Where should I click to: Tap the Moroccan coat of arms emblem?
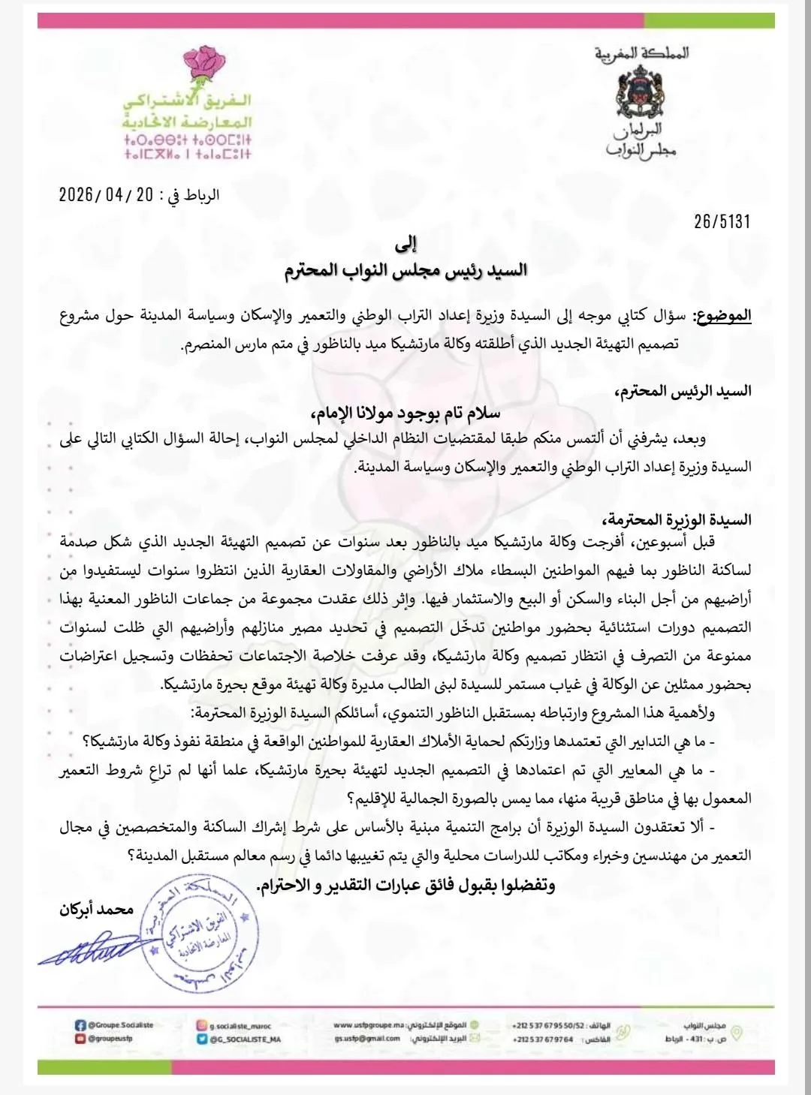641,92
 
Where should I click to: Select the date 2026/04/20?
106,195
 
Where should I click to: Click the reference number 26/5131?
722,221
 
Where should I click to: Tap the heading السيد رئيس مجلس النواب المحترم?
405,270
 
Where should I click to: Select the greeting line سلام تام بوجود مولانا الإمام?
405,414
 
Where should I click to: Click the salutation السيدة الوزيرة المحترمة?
676,520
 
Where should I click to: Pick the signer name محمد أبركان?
97,910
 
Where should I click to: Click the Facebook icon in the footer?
80,1025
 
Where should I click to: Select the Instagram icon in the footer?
201,1025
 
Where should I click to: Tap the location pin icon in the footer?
737,1033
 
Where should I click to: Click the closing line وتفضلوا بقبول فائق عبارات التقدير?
405,886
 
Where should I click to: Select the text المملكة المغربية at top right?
641,53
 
